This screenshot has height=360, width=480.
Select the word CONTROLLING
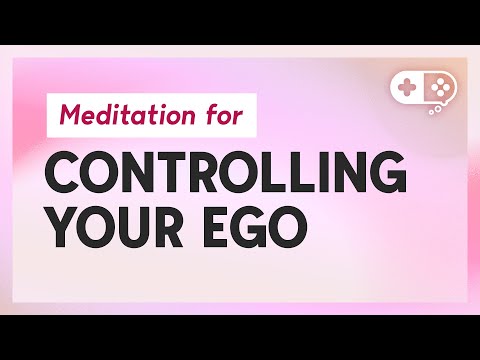[228, 178]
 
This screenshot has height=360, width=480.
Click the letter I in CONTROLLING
[317, 178]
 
